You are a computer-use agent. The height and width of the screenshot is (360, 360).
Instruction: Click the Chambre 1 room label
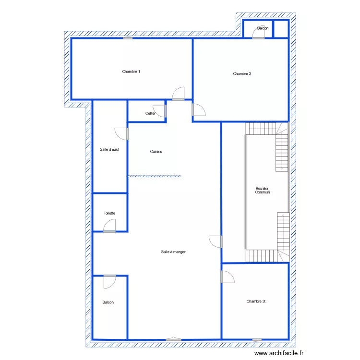131,72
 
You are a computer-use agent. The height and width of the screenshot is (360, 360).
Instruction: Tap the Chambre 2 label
242,74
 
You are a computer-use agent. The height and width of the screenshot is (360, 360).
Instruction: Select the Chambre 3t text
256,301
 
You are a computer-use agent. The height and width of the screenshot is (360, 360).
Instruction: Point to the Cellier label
150,113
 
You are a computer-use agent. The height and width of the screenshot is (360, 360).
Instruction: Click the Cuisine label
156,152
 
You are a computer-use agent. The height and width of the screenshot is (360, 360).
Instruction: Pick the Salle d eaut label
109,149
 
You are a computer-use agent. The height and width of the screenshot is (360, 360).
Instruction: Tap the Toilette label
109,213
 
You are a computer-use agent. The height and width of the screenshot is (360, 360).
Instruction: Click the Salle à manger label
173,252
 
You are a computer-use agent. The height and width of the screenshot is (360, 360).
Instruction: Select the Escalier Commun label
262,191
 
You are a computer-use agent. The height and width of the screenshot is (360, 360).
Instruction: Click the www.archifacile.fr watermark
279,353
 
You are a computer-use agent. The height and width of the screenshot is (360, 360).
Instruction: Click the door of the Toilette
109,226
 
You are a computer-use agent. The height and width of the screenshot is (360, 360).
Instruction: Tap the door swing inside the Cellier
159,111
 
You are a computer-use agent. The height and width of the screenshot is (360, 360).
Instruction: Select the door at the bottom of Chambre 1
179,94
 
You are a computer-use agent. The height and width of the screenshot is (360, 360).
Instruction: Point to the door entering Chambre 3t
228,277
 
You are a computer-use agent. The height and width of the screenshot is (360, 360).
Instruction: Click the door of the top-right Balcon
258,32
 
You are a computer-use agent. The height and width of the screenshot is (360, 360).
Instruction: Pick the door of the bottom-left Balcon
110,282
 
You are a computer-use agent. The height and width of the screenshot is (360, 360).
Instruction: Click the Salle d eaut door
121,134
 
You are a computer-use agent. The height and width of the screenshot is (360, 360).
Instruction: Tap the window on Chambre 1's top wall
128,38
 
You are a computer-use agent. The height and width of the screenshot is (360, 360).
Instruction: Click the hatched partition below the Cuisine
155,176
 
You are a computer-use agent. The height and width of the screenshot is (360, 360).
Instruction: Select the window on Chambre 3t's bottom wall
257,340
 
